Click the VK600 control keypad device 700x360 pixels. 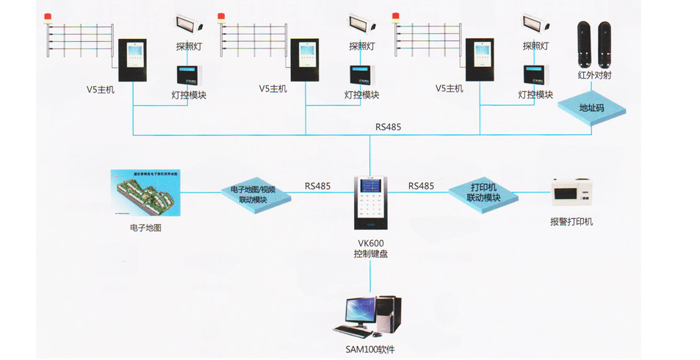click(370, 203)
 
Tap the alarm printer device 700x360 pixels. click(571, 195)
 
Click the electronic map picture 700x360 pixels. click(145, 193)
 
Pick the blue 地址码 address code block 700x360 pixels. click(591, 107)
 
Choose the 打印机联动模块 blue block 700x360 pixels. click(483, 193)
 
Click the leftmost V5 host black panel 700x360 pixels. click(133, 60)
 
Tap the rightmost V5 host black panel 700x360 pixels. click(479, 60)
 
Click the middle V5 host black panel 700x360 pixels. click(305, 60)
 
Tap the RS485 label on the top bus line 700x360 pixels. click(388, 126)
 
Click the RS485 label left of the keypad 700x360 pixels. click(317, 186)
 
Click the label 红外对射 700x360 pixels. click(594, 75)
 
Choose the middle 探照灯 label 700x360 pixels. click(361, 46)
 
